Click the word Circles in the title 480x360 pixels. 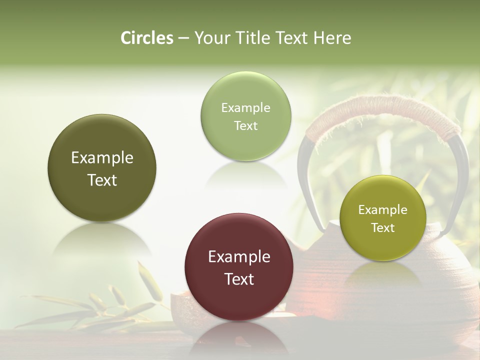point(146,38)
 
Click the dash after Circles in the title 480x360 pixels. point(183,38)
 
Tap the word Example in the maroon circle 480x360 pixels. point(239,256)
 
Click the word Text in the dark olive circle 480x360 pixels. point(102,180)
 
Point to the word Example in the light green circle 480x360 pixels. point(245,107)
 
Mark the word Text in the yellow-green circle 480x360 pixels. point(382,227)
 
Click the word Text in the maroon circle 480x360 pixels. point(239,279)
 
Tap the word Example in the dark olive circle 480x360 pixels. point(102,157)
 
